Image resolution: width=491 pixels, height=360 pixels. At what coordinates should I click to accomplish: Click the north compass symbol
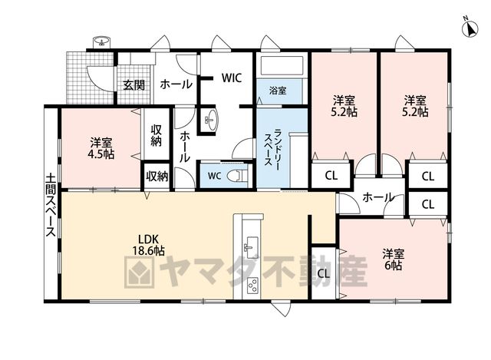[x=470, y=28]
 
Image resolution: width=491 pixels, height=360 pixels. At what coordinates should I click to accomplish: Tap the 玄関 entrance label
[x=133, y=84]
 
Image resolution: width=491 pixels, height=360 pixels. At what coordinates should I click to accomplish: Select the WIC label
[x=232, y=78]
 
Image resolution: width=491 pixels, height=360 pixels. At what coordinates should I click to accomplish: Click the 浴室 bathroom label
[x=278, y=91]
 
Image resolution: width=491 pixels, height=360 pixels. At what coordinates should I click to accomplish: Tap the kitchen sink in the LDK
[x=251, y=244]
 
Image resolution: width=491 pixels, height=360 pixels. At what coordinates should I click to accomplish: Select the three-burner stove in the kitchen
[x=252, y=285]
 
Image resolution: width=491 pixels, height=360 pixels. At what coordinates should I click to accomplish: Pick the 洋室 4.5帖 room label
[x=101, y=148]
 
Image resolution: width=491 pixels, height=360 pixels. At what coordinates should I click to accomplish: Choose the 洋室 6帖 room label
[x=394, y=259]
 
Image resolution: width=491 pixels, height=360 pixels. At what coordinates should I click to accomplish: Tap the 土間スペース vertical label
[x=51, y=206]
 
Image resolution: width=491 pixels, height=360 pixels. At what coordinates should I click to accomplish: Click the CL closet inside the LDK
[x=324, y=273]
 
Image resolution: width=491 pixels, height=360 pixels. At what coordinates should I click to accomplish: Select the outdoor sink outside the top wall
[x=101, y=42]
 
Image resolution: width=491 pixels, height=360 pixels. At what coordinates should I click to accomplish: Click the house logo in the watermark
[x=140, y=272]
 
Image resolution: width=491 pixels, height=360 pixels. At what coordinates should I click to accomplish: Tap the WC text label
[x=215, y=176]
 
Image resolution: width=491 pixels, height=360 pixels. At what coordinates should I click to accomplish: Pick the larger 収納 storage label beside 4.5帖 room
[x=157, y=135]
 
